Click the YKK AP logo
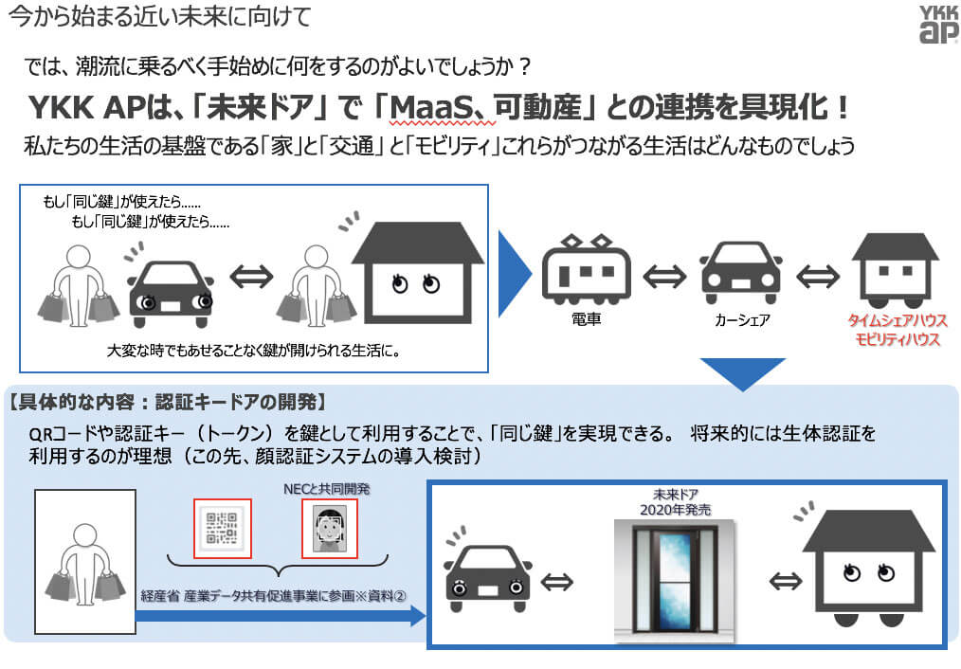(931, 24)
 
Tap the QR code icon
(223, 528)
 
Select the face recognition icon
(330, 529)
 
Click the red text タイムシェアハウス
(896, 320)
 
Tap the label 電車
(585, 320)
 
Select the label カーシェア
(741, 320)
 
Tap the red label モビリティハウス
(896, 339)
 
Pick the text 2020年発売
(676, 510)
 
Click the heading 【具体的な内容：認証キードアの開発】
(167, 400)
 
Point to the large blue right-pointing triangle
(515, 274)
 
